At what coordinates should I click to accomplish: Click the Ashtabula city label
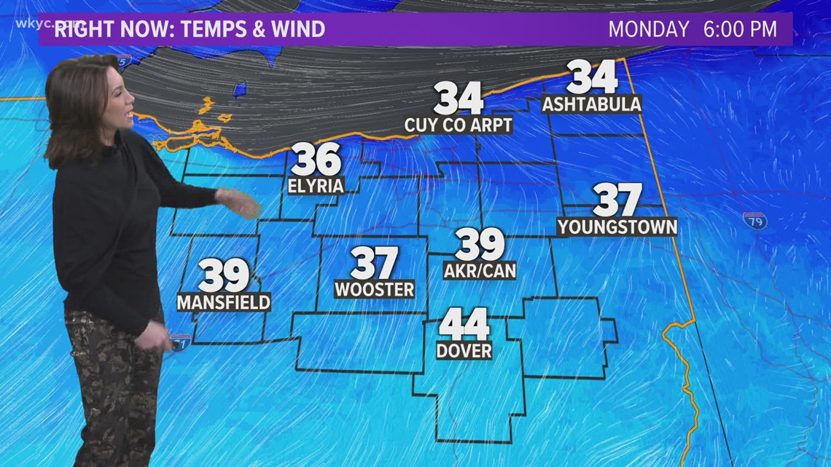(592, 104)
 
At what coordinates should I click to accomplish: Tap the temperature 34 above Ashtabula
(592, 77)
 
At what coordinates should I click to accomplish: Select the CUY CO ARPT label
(459, 125)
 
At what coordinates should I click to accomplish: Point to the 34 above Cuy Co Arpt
(459, 98)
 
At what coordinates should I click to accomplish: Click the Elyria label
(316, 186)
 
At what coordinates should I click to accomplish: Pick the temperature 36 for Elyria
(316, 160)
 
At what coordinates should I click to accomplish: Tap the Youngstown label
(617, 227)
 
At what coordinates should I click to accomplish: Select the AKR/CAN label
(480, 270)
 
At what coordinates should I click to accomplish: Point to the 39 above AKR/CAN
(480, 244)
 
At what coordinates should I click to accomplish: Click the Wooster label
(375, 289)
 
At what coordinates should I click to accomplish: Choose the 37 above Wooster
(375, 263)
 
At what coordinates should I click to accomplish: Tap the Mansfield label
(224, 301)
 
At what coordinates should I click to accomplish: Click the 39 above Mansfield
(225, 275)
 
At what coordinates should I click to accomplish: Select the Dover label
(464, 350)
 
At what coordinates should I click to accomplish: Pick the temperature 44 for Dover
(464, 324)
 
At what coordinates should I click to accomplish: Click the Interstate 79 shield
(755, 219)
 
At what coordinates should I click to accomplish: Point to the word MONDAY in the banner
(649, 30)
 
